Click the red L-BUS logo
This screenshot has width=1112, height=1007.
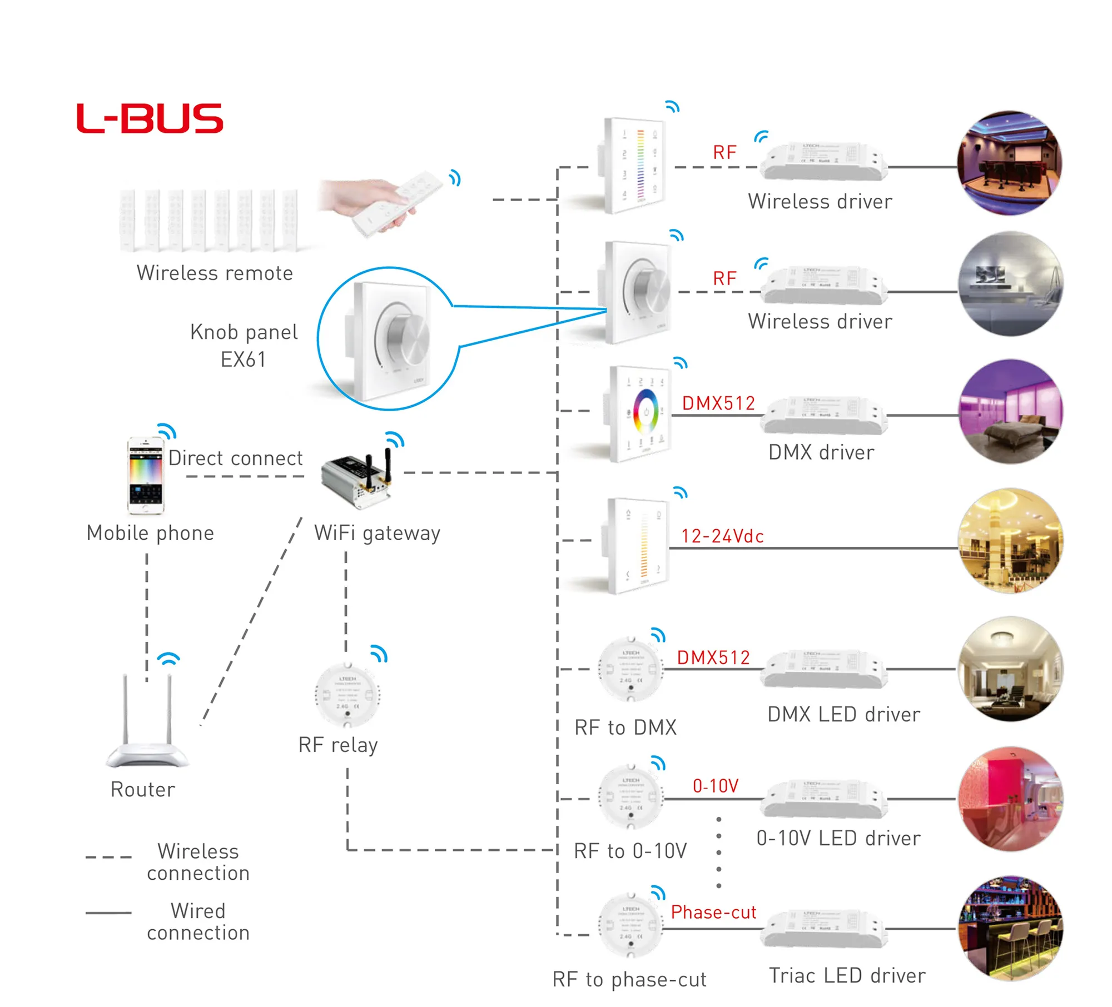[x=150, y=118]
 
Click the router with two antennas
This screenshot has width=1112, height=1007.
[x=148, y=722]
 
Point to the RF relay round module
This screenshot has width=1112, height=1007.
[x=348, y=695]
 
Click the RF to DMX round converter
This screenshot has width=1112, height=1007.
[x=631, y=669]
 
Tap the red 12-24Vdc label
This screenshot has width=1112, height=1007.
[x=722, y=536]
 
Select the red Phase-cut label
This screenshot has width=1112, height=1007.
[x=713, y=912]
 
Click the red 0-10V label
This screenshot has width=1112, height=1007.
[x=716, y=786]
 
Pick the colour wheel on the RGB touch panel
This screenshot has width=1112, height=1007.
[x=646, y=412]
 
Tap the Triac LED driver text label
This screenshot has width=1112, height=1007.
[x=847, y=975]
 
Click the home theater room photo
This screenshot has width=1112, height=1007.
[x=1009, y=163]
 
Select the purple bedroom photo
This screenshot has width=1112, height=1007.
[x=1011, y=412]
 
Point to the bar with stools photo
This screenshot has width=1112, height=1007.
[x=1011, y=928]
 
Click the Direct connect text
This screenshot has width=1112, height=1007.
[x=235, y=458]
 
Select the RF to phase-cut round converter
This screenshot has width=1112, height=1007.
[x=631, y=925]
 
